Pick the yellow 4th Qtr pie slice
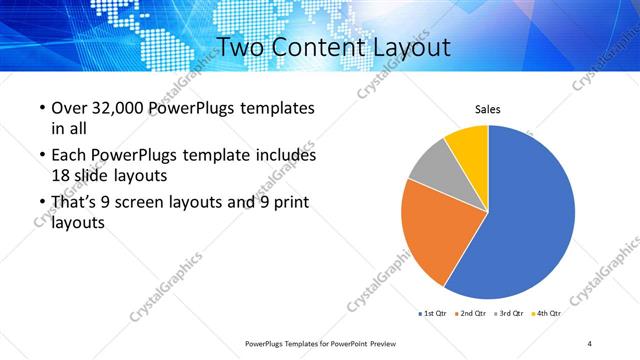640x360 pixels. (468, 142)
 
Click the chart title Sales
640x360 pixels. (487, 110)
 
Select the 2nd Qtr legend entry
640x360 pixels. (473, 313)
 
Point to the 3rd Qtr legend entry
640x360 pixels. (510, 313)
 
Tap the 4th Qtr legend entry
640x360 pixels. (547, 313)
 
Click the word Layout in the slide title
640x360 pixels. (405, 47)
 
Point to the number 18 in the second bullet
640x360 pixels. (60, 174)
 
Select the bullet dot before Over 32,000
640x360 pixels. (41, 108)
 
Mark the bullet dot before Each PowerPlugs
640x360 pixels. (41, 156)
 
